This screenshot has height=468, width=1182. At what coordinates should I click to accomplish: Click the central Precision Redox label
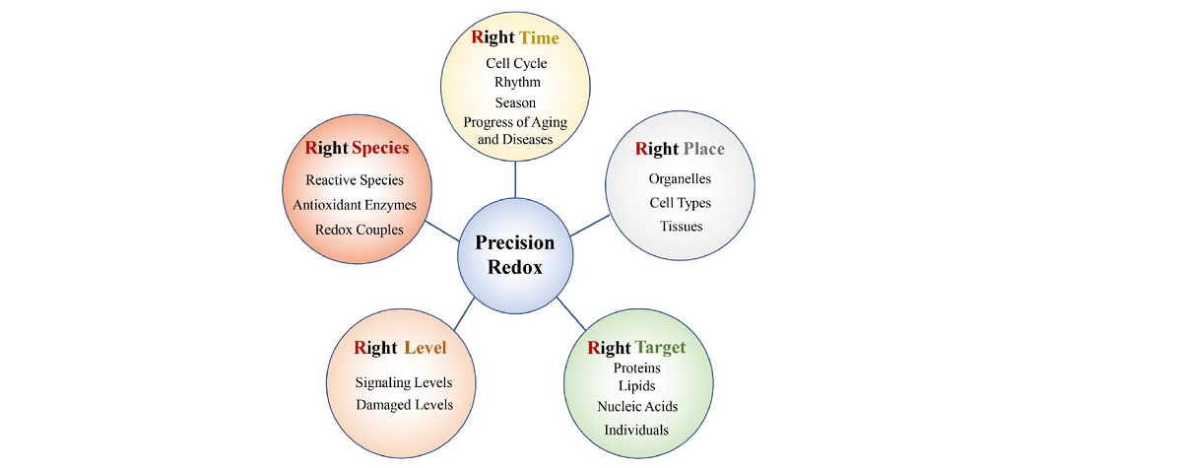[x=515, y=255]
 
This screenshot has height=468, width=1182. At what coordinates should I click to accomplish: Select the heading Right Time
[x=515, y=38]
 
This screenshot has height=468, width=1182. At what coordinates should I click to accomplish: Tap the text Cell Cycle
[x=516, y=64]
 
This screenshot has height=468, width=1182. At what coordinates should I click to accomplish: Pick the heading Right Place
[x=680, y=150]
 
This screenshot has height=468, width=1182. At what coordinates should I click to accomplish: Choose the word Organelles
[x=680, y=179]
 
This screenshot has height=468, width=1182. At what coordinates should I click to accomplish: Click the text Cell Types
[x=680, y=203]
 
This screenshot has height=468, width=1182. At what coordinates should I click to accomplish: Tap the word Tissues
[x=681, y=227]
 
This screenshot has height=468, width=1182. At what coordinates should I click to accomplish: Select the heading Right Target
[x=636, y=348]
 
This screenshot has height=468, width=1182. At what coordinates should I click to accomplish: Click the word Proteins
[x=636, y=368]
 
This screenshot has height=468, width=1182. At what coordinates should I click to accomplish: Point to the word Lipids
[x=636, y=385]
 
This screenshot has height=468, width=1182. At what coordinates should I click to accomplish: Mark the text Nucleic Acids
[x=637, y=406]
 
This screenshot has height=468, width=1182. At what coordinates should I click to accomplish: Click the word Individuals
[x=636, y=430]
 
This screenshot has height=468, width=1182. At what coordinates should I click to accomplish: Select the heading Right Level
[x=400, y=348]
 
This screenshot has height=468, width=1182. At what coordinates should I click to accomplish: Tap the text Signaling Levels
[x=404, y=382]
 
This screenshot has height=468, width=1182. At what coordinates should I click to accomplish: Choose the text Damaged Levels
[x=404, y=405]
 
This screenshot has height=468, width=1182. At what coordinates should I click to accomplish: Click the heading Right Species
[x=357, y=149]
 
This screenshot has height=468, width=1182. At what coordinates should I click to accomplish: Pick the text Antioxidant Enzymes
[x=355, y=205]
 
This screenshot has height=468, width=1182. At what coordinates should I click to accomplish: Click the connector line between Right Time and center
[x=515, y=179]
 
